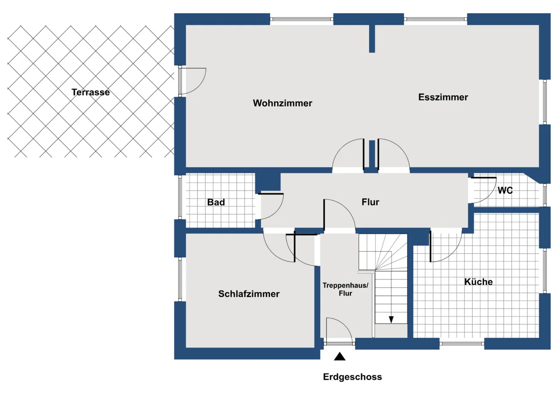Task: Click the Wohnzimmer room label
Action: click(x=282, y=103)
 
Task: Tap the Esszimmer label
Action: click(x=443, y=97)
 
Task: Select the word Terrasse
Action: click(x=91, y=92)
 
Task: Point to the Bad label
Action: click(x=216, y=202)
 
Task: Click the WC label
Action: click(x=505, y=191)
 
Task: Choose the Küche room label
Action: click(x=479, y=282)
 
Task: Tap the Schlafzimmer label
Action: click(x=249, y=294)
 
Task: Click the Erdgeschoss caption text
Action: click(x=353, y=377)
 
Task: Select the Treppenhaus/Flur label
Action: click(x=345, y=289)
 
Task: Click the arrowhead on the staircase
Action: click(x=391, y=319)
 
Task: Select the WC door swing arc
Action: click(x=490, y=196)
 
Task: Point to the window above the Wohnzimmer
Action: click(x=302, y=19)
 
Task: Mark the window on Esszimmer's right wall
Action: click(x=545, y=102)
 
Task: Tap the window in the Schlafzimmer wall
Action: click(x=180, y=279)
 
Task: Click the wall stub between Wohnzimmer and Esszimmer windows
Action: click(x=372, y=39)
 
